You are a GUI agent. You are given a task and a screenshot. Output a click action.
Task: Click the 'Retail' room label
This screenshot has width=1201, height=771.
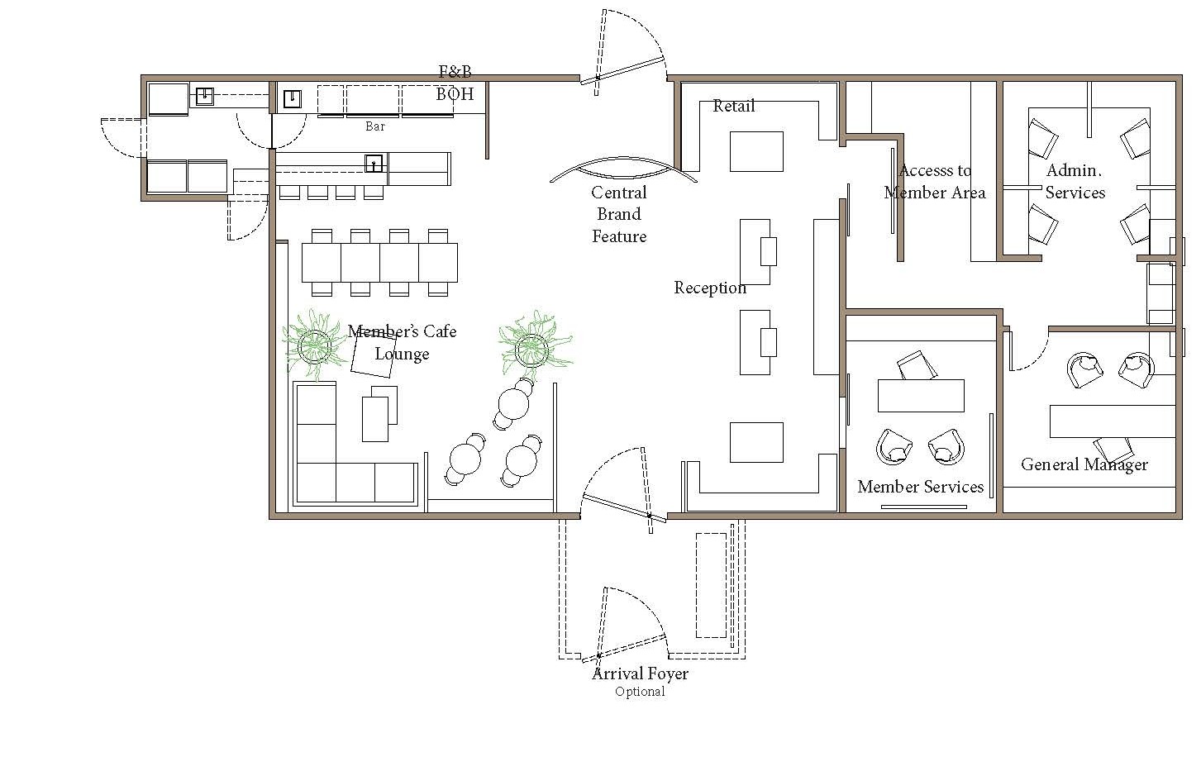point(733,106)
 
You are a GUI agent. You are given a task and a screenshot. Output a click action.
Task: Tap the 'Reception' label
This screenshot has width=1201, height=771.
point(710,288)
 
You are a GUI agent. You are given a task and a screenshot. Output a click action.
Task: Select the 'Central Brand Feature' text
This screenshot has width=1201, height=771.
point(619,215)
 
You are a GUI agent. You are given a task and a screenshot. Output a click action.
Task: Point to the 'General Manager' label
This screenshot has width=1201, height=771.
point(1084,465)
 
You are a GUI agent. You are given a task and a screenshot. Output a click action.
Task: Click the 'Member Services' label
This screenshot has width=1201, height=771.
point(921,487)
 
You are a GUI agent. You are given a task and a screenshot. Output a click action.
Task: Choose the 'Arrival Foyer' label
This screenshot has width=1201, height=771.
point(640,673)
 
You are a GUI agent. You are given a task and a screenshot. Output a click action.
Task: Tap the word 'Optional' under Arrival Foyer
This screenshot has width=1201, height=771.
point(640,692)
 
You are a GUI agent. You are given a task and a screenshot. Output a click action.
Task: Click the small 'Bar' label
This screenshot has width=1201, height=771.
point(375,126)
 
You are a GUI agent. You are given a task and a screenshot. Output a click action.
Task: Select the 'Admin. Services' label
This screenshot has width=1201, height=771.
point(1075,181)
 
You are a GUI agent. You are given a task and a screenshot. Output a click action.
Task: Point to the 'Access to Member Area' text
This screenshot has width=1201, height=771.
point(935,181)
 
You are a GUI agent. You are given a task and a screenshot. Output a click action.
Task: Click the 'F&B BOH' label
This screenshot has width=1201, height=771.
point(455,83)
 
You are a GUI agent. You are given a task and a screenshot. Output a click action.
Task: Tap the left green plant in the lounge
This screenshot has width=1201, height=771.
point(313,345)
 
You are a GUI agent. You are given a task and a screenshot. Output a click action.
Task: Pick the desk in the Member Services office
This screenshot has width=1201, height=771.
point(921,396)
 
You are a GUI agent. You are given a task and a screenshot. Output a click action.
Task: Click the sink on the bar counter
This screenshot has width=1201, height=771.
point(374,163)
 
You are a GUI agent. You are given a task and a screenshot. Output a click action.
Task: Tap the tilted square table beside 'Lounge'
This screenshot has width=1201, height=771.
point(374,353)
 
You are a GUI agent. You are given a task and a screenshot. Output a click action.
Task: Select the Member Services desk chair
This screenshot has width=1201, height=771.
point(917,365)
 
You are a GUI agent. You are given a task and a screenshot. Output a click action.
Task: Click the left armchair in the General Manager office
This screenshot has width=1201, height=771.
point(1084,369)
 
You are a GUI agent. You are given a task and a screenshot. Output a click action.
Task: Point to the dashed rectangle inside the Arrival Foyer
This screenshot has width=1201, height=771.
point(711,585)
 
